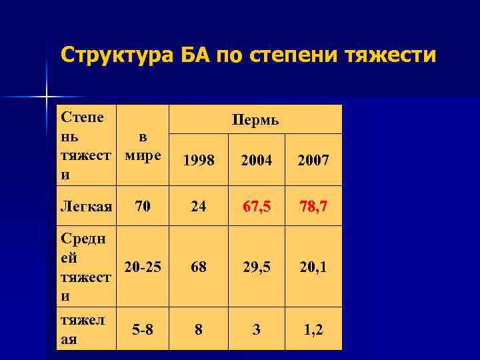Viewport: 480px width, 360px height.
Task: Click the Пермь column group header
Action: (x=255, y=121)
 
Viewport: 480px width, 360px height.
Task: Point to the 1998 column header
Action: (x=199, y=161)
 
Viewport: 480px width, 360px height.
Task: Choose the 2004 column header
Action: (x=256, y=161)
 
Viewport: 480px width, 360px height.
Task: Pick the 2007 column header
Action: (x=313, y=161)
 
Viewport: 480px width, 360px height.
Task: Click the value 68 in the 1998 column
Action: (x=199, y=267)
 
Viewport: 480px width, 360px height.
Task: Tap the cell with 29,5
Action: (x=256, y=267)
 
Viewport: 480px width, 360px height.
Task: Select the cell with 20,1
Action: (x=313, y=267)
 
